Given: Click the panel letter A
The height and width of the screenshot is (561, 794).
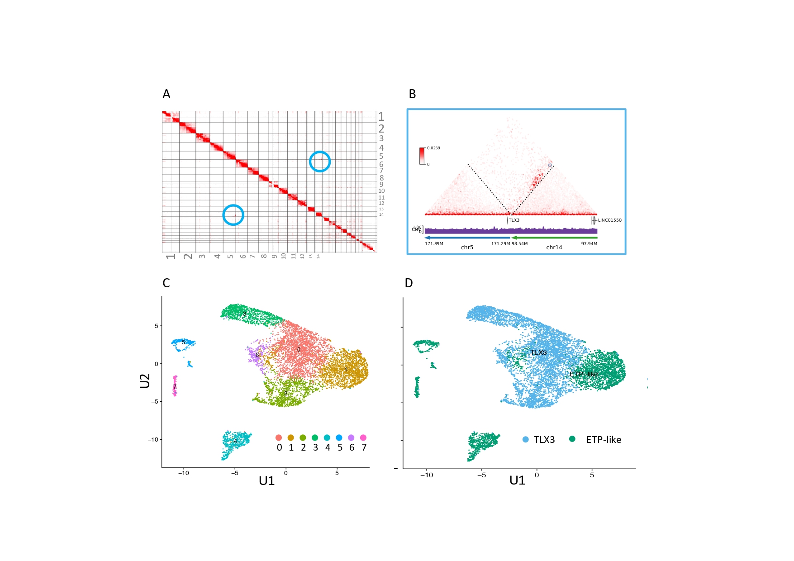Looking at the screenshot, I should tap(166, 94).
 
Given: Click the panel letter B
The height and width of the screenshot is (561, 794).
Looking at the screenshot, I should tap(412, 94).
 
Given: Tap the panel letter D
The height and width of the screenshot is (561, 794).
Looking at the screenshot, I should tap(409, 283).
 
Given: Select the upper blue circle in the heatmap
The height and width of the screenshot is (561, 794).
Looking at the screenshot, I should tap(320, 162).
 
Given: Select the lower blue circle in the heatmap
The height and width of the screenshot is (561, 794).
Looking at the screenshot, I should tap(233, 215).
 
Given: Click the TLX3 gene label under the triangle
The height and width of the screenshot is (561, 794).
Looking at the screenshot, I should tap(514, 220).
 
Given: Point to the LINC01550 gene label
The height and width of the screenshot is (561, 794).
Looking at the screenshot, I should tap(609, 220).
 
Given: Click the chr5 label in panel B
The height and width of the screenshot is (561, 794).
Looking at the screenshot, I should tap(467, 247).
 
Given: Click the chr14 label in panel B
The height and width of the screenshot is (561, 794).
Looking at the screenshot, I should tap(554, 247).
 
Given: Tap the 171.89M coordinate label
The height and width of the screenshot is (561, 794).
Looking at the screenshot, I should tap(434, 244).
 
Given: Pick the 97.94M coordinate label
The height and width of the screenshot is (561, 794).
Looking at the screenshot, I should tap(589, 244).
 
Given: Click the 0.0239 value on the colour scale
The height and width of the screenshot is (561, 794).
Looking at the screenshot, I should tap(433, 148).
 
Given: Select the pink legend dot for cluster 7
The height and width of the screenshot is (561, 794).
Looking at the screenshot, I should tap(363, 437).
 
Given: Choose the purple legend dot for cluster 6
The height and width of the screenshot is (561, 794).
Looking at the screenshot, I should tap(351, 437).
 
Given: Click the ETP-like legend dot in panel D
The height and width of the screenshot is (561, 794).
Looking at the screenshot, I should tap(572, 439).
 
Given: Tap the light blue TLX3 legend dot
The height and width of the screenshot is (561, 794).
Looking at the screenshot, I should tap(526, 439).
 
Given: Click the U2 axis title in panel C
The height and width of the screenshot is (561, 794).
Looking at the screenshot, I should tap(145, 381).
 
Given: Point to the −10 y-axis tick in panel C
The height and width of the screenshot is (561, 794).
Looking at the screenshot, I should tap(153, 439).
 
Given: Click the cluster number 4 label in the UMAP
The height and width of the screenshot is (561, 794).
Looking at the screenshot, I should tap(235, 441).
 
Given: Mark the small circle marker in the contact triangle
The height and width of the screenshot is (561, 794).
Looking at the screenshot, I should tap(550, 165).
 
